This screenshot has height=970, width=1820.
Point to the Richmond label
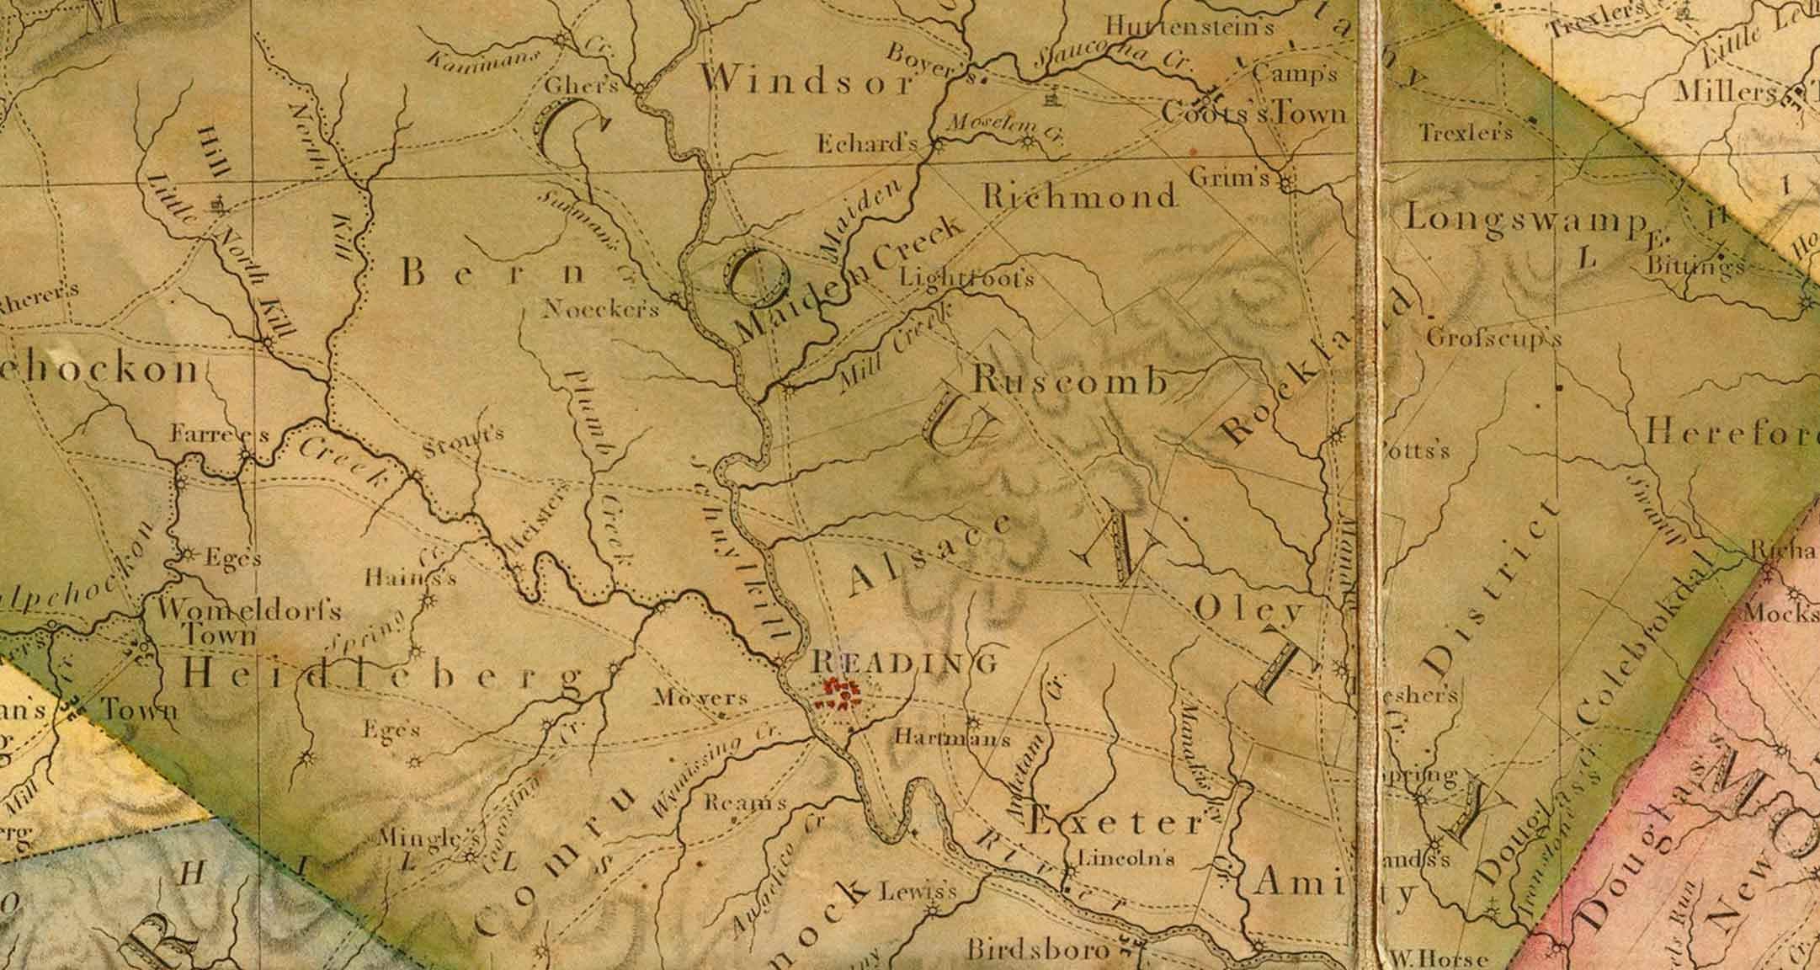1079,197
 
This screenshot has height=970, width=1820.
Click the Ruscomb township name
1070,381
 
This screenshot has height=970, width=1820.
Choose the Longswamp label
1525,219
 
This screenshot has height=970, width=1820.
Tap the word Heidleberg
383,675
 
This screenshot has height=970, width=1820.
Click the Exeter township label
1116,823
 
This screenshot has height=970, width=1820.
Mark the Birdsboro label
1038,951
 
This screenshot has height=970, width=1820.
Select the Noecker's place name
601,309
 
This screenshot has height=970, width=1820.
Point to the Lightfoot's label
966,278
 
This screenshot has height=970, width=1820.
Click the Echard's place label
867,144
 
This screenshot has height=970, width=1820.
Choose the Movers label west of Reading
700,697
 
